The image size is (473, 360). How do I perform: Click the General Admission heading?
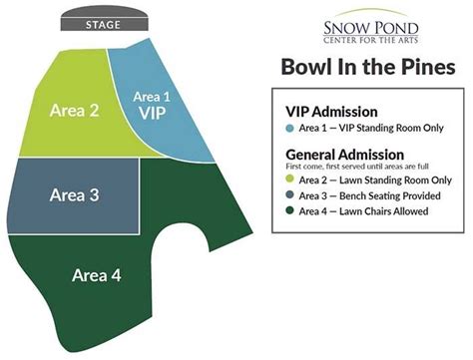344,155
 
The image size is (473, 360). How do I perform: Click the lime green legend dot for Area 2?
289,180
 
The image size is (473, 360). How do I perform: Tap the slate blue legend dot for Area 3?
289,195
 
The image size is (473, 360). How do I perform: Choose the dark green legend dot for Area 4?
289,210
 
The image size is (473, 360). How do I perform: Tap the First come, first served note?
356,167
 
